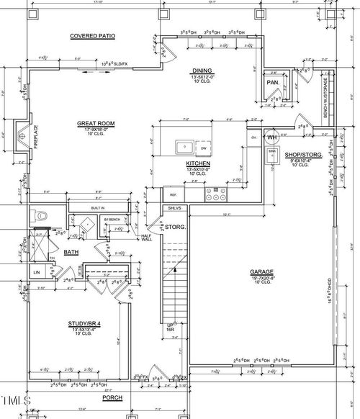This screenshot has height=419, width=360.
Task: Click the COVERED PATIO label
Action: tap(92, 35)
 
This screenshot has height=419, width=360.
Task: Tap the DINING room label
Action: tap(201, 71)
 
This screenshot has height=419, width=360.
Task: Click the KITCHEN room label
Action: tap(197, 163)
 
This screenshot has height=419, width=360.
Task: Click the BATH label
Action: tap(71, 252)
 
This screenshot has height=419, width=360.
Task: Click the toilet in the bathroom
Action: tap(40, 215)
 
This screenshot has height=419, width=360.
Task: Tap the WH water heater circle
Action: tap(272, 137)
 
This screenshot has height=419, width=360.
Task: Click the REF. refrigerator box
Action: tap(174, 195)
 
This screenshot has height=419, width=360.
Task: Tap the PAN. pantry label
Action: tap(273, 83)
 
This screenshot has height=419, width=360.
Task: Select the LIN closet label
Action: tap(37, 272)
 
